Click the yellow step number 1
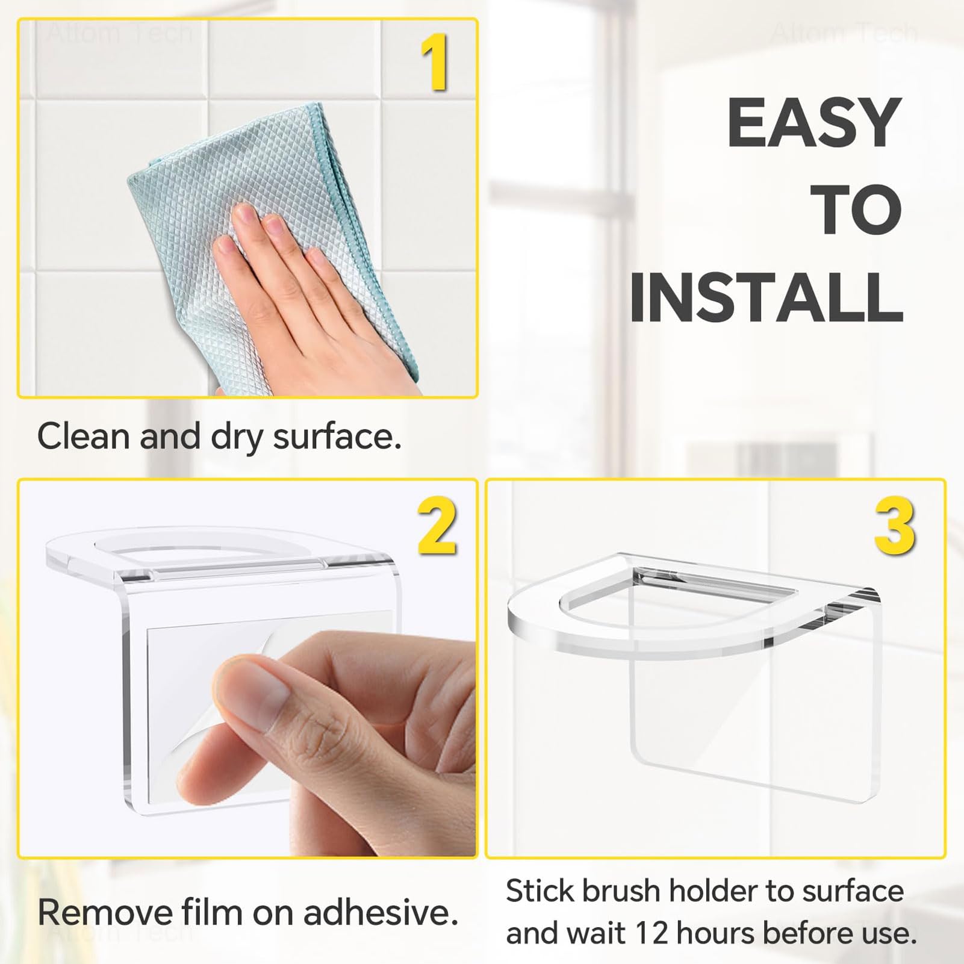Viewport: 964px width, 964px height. point(434,63)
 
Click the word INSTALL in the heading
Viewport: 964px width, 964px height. point(766,297)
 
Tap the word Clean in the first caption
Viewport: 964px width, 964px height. point(83,436)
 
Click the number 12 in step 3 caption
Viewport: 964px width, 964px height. point(651,933)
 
